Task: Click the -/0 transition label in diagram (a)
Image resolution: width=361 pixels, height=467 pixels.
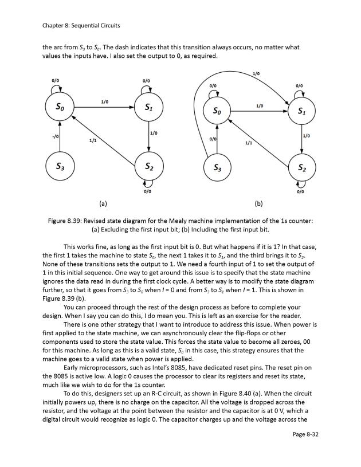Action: (x=54, y=136)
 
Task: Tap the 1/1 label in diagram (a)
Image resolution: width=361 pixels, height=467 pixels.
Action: (x=92, y=139)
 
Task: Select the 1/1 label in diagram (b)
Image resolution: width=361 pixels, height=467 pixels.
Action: (x=248, y=142)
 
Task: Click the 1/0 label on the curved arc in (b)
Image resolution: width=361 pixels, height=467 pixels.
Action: (x=256, y=73)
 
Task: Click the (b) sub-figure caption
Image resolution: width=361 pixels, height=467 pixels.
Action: (x=258, y=203)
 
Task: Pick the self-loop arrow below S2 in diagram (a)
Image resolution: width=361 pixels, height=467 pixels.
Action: (x=148, y=185)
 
